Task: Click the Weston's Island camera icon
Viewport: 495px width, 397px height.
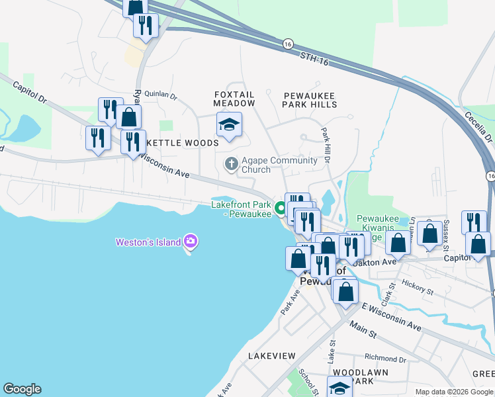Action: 191,242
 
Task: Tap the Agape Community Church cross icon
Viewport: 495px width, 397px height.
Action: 232,163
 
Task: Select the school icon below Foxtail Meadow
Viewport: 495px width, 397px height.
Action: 229,124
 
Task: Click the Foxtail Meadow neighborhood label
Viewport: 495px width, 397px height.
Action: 234,99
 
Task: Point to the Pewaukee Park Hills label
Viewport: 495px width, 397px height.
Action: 310,100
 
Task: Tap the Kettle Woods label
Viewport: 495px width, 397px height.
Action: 182,143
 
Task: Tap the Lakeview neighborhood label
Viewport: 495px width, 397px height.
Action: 271,356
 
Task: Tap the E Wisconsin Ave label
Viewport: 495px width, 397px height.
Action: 391,317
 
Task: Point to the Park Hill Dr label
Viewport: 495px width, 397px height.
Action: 326,146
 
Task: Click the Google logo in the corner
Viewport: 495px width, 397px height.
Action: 22,389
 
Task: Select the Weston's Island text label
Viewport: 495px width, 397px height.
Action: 148,242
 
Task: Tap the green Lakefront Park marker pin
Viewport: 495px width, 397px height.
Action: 281,211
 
